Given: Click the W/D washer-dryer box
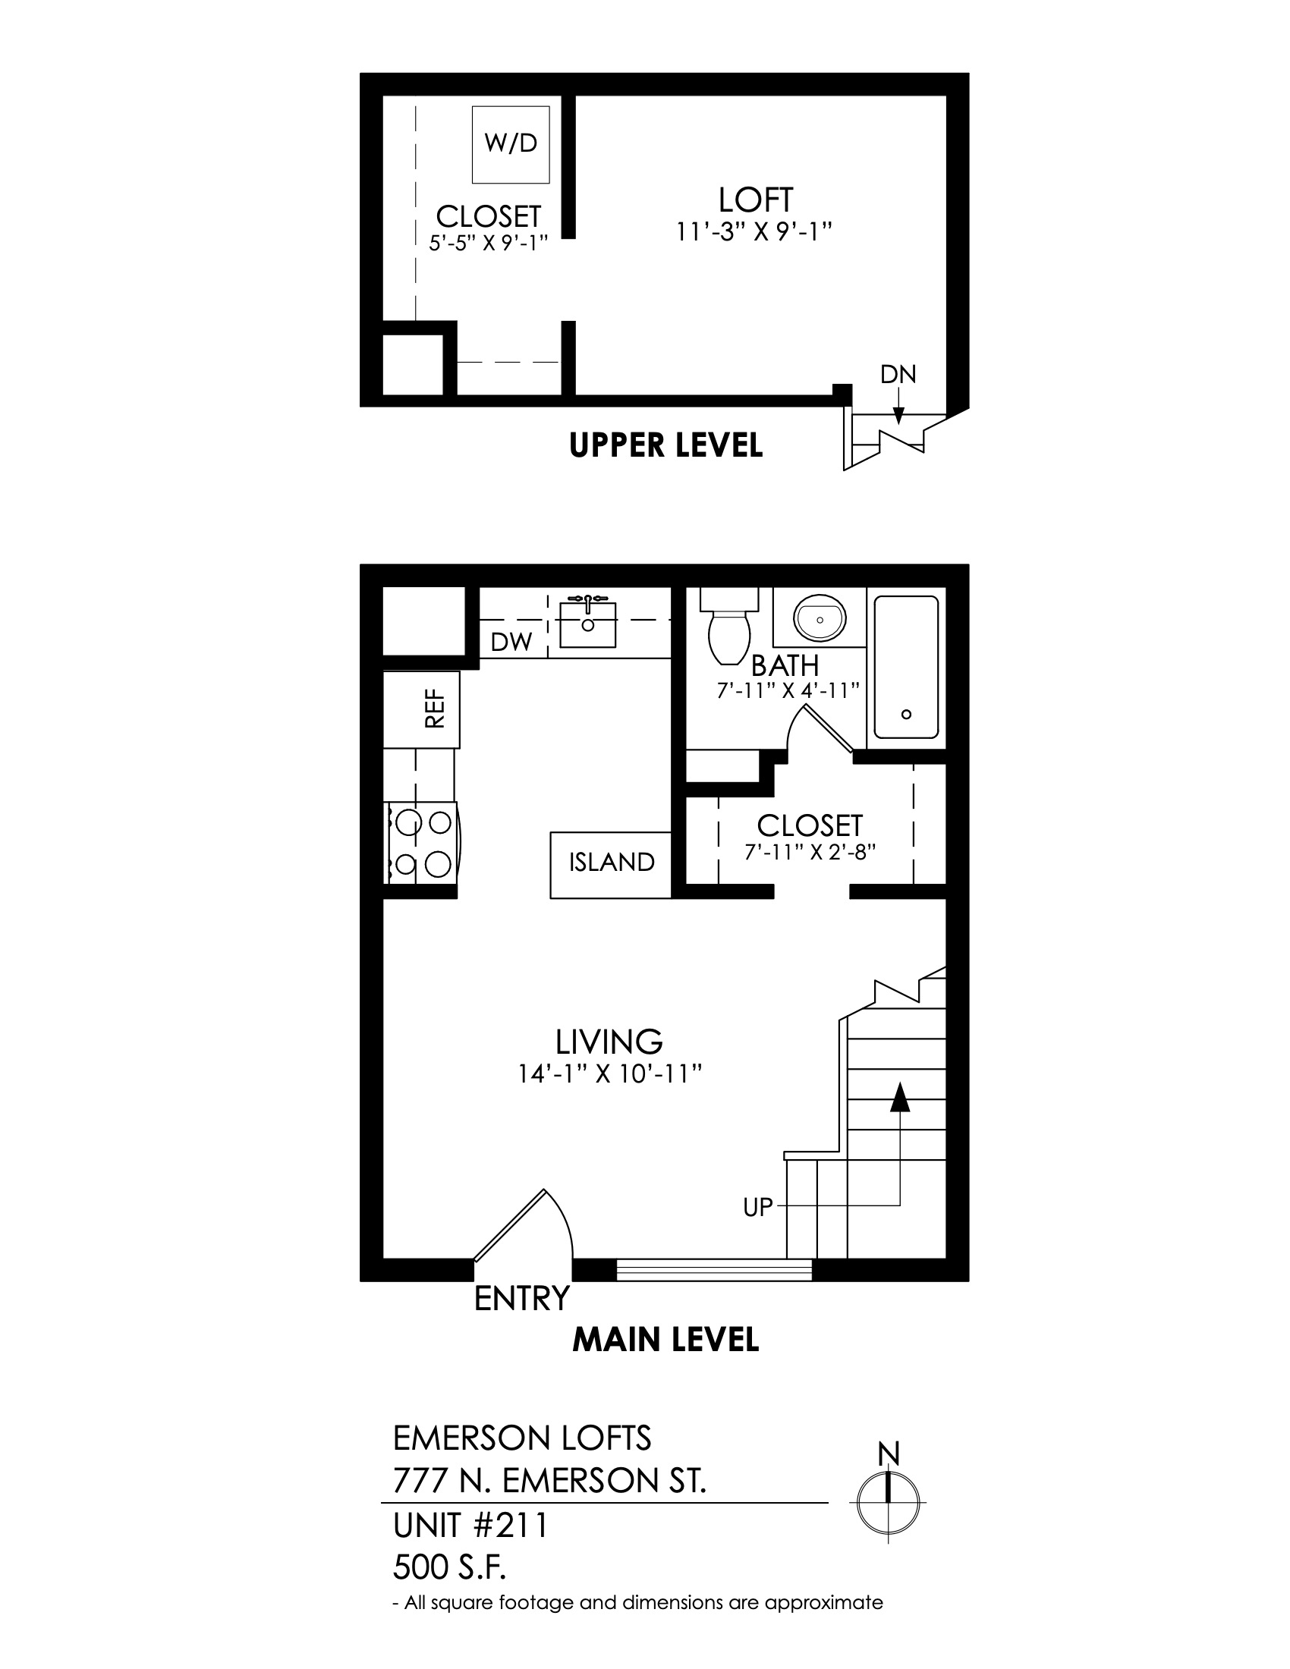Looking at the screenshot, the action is click(x=511, y=144).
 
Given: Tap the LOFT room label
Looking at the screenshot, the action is click(x=755, y=200).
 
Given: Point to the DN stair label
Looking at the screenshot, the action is click(x=898, y=375).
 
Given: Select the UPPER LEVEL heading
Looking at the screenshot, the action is click(x=665, y=445).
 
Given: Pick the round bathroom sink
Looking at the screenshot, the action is click(x=820, y=617).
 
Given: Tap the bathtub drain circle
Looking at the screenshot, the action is click(x=905, y=715).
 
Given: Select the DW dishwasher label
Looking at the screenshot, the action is click(x=511, y=643).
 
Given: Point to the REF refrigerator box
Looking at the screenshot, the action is click(x=421, y=710).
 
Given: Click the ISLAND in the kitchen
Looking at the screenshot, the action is click(x=612, y=864).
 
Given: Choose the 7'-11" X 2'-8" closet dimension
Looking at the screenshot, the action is click(x=810, y=851).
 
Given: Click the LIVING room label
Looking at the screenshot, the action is click(x=609, y=1042).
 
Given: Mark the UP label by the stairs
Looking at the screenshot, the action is click(x=758, y=1208).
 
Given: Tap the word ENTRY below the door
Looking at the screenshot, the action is click(x=522, y=1298).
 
